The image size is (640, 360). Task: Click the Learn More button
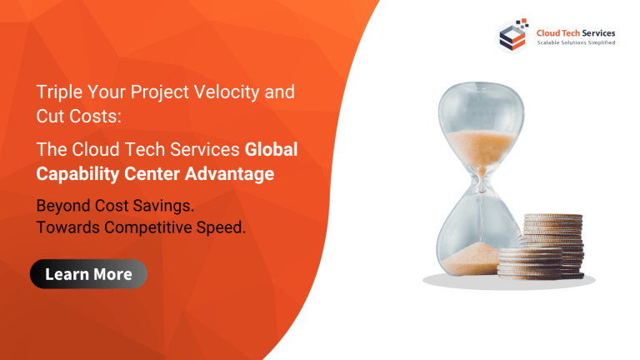tap(88, 274)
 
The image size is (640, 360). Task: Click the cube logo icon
tap(512, 36)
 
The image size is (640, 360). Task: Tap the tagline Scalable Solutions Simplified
tap(574, 43)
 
